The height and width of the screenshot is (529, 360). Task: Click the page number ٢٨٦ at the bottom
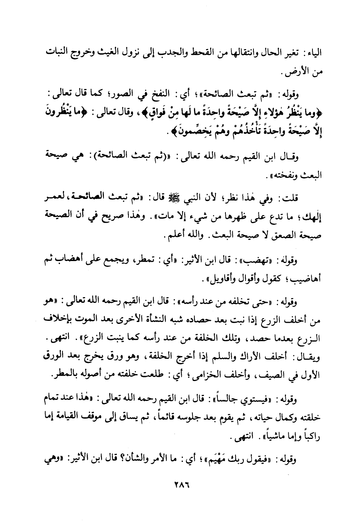coord(180,490)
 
